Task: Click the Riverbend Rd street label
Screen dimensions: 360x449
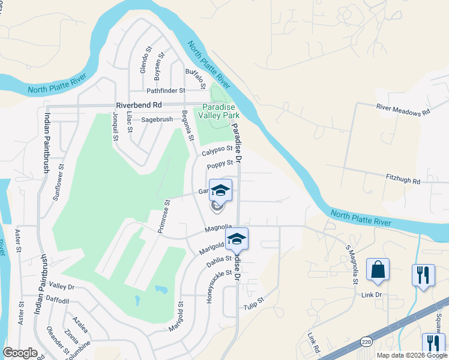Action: point(135,104)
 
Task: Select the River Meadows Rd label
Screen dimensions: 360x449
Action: point(403,109)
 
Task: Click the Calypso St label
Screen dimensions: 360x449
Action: point(217,150)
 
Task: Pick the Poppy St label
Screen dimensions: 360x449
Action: point(220,164)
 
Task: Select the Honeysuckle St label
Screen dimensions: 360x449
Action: point(211,286)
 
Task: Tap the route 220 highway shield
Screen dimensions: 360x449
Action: point(366,341)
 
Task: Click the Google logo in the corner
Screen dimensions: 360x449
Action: point(20,353)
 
